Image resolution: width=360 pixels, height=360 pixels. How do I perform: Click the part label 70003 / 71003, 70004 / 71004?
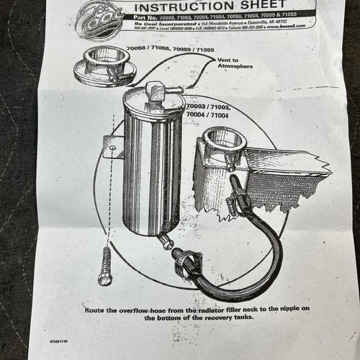[x=210, y=109]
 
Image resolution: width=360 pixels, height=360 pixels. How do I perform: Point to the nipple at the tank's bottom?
[x=165, y=241]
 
